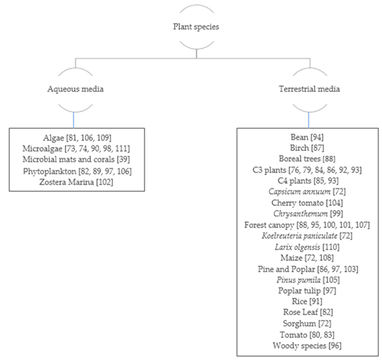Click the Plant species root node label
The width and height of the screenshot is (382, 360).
pos(196,28)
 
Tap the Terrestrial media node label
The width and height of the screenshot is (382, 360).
pos(308,88)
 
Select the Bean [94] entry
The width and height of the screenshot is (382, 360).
pos(308,137)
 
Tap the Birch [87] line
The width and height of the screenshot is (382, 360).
pos(308,147)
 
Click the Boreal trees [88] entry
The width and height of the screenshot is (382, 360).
pos(308,159)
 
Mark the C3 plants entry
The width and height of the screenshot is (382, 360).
pos(308,170)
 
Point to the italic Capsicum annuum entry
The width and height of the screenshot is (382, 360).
pos(308,192)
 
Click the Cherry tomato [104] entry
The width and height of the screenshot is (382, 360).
pos(308,202)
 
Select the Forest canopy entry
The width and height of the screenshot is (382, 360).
pos(308,225)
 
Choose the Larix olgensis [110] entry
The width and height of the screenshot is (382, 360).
pos(308,247)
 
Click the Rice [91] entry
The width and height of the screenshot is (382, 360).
pos(308,302)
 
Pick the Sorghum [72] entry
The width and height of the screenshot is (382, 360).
pos(308,323)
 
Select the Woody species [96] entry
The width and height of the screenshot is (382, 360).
pos(308,345)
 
